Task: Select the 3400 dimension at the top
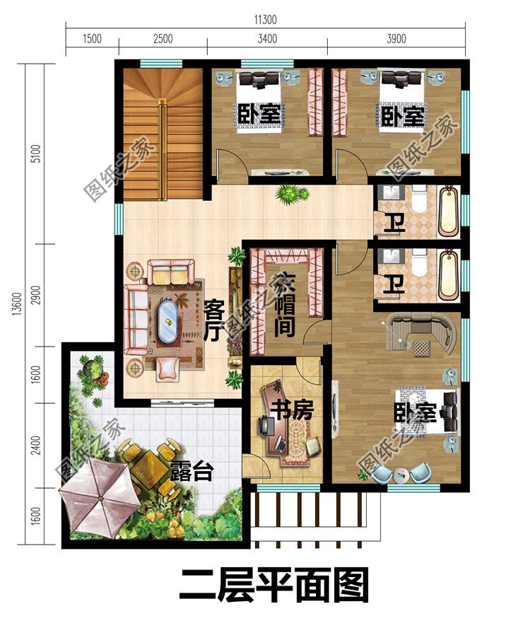(x=267, y=40)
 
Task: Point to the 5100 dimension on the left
(x=37, y=153)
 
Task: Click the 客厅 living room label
(x=214, y=320)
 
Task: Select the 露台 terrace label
(x=191, y=472)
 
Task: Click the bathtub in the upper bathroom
(x=448, y=210)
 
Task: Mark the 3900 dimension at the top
(x=396, y=40)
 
